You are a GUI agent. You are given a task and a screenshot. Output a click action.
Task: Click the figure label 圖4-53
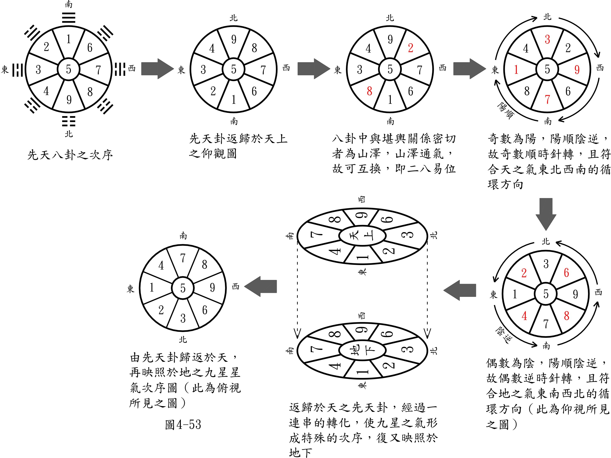pos(183,425)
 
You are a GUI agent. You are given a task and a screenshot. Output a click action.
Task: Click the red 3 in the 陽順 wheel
pos(547,40)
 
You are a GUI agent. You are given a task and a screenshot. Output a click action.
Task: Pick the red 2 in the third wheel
pos(411,48)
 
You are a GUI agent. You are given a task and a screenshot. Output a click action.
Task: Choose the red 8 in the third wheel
pos(369,91)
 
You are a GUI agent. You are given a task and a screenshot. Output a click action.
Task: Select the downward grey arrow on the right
pos(546,214)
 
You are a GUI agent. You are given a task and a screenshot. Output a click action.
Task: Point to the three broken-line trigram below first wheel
pos(68,121)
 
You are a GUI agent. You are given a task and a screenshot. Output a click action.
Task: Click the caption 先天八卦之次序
pos(70,155)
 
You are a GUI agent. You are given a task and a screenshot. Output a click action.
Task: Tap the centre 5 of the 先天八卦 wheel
pos(68,69)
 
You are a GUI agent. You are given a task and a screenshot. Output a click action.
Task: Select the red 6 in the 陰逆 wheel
pos(566,273)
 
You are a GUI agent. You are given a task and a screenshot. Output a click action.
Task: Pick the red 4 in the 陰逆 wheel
pos(524,316)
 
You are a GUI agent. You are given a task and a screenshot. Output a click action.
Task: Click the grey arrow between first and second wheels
pos(157,69)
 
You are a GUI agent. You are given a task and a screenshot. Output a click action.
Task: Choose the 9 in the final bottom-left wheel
pos(212,288)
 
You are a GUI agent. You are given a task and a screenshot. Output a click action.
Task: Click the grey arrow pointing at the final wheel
pos(261,286)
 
